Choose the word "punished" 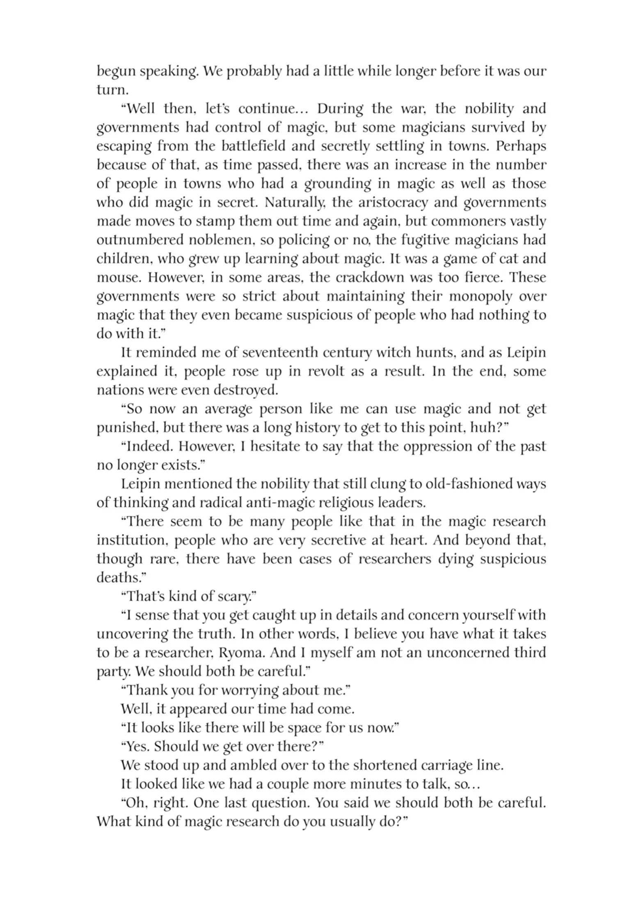[127, 428]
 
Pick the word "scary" [234, 597]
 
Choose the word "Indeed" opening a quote [150, 446]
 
